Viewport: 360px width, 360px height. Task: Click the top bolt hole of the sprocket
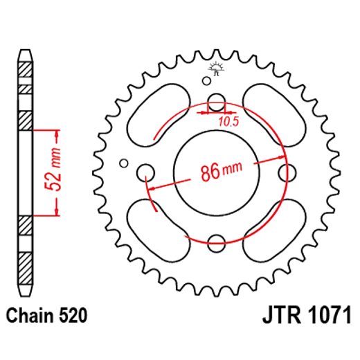coord(216,100)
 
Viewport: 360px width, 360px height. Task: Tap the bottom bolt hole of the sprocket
coord(216,242)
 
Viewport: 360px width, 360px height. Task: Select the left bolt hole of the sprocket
coord(146,172)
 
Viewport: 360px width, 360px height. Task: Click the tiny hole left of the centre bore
coord(124,163)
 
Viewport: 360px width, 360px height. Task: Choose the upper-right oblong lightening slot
coord(273,114)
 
